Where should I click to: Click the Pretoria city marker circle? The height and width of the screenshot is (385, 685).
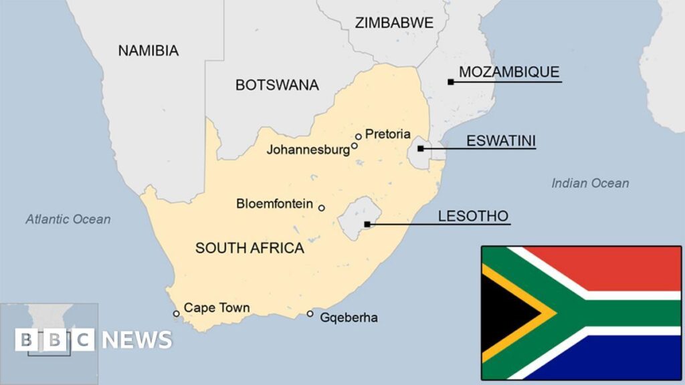(x=359, y=136)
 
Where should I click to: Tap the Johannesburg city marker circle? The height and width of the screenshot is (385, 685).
(x=355, y=146)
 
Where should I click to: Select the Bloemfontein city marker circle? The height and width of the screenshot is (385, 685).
(x=321, y=208)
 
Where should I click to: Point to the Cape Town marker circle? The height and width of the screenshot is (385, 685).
(x=177, y=313)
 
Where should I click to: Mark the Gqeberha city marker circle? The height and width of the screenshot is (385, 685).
(x=310, y=313)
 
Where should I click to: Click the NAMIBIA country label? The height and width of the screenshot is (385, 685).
(x=148, y=50)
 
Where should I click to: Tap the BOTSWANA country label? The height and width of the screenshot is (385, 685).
(x=277, y=85)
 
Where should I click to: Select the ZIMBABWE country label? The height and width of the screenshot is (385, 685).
(x=394, y=22)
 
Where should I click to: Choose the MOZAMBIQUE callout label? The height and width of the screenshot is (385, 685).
(x=509, y=72)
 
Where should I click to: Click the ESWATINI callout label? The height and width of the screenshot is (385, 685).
(x=501, y=140)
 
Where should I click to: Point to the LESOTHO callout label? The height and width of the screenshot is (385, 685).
(x=473, y=216)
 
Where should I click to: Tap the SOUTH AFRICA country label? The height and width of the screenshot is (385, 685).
(x=250, y=248)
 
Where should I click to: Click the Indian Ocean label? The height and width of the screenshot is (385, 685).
(x=590, y=183)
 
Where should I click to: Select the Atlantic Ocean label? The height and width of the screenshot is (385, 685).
(x=68, y=219)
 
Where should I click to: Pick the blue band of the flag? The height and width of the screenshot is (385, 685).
(x=622, y=358)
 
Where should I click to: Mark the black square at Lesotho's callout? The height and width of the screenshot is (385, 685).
(x=367, y=224)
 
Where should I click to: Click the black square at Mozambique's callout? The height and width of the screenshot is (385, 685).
(x=451, y=82)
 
